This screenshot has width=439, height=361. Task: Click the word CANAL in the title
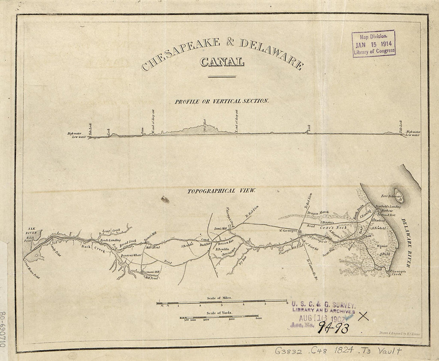click(x=222, y=62)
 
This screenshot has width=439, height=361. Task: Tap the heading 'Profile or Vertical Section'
click(x=221, y=101)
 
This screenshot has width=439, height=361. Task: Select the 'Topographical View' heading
click(x=222, y=191)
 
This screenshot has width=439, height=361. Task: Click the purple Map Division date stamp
click(x=374, y=43)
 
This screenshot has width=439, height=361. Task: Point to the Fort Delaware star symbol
click(x=398, y=196)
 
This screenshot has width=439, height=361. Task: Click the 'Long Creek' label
click(x=111, y=231)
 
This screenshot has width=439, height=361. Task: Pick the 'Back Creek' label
click(x=93, y=248)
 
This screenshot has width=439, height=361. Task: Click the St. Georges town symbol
click(x=299, y=230)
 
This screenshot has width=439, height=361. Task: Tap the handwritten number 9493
click(x=333, y=328)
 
